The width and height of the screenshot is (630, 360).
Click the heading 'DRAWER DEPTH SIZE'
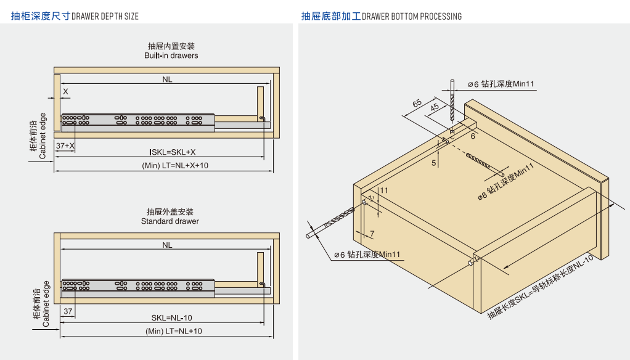click(105, 16)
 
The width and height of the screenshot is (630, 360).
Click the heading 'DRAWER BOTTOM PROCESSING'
click(411, 16)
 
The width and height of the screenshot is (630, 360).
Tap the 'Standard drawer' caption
click(170, 221)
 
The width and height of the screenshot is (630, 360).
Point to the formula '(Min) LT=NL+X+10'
click(175, 165)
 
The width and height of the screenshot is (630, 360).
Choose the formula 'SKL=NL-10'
click(172, 317)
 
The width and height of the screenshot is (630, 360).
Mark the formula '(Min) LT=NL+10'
click(174, 331)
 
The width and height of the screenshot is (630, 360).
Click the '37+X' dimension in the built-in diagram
click(65, 145)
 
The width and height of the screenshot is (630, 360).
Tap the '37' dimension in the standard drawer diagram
click(68, 311)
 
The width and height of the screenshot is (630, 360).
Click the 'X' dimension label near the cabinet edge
click(65, 91)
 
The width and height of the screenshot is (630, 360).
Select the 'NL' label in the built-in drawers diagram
click(168, 79)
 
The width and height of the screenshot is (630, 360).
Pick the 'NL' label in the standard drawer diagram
click(168, 245)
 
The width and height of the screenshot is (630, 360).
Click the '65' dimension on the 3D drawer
click(417, 103)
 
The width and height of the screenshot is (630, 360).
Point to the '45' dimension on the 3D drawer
click(435, 107)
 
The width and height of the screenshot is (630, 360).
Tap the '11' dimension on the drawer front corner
click(384, 190)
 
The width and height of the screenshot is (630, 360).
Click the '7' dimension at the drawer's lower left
click(372, 234)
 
